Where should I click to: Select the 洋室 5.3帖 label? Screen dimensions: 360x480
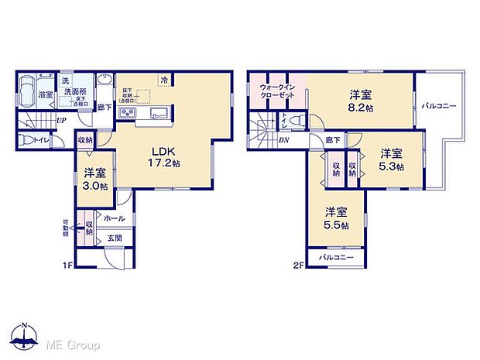tap(390, 159)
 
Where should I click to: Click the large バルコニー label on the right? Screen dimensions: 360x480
tap(439, 105)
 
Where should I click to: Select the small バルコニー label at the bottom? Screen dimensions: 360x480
tap(335, 257)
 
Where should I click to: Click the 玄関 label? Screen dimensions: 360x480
tap(115, 236)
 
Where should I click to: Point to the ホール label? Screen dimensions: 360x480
tap(113, 219)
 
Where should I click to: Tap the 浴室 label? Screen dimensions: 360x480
tap(46, 94)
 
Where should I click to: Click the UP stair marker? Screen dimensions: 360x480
tap(60, 120)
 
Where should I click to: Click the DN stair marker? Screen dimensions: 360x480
tap(283, 141)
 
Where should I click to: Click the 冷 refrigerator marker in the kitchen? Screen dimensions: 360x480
tap(164, 80)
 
